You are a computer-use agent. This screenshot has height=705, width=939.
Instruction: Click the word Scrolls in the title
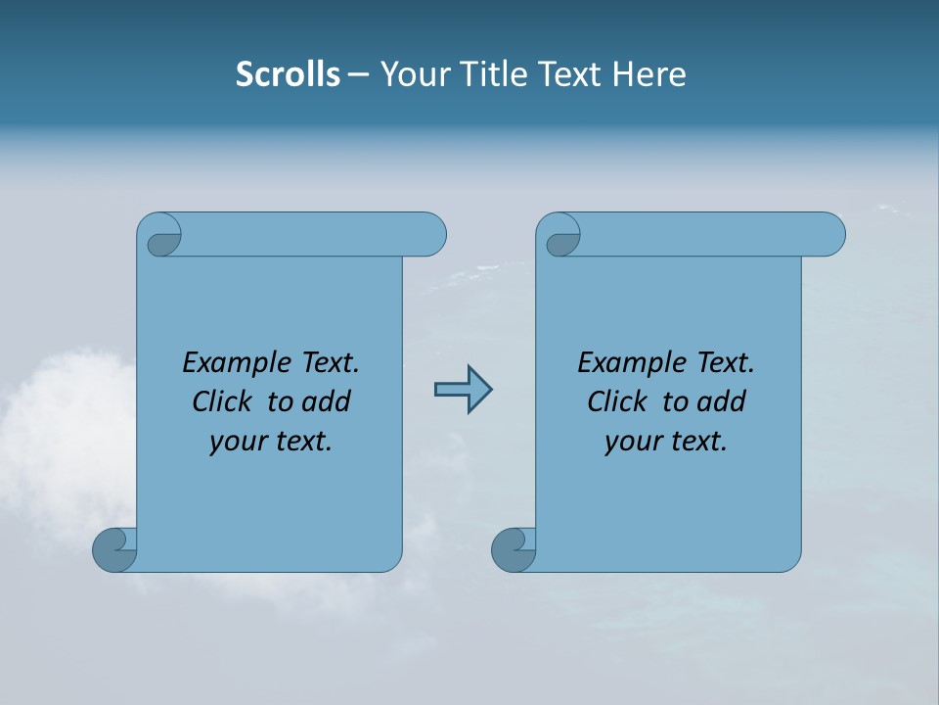(x=288, y=74)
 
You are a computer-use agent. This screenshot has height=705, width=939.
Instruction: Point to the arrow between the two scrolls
(x=463, y=390)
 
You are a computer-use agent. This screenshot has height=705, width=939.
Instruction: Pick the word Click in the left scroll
(x=224, y=401)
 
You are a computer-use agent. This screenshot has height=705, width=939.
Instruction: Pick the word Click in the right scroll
(x=619, y=401)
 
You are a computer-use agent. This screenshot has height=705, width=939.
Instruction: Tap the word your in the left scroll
(x=239, y=442)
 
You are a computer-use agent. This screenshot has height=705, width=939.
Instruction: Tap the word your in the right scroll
(x=634, y=442)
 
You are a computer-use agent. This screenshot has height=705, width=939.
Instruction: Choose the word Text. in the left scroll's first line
(x=330, y=363)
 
